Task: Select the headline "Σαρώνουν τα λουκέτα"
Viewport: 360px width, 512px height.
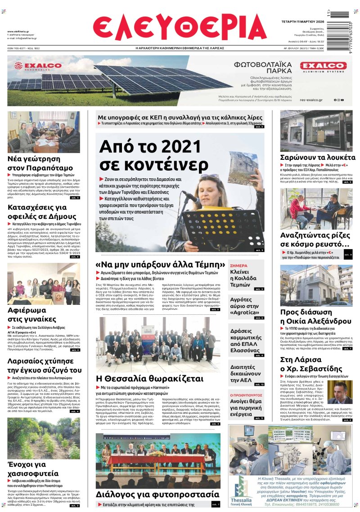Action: point(318,158)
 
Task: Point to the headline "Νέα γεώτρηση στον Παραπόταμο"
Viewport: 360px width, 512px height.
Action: point(40,163)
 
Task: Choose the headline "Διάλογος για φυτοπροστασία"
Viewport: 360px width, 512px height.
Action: point(157,494)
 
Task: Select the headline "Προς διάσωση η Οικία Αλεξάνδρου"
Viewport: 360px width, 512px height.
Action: point(315,317)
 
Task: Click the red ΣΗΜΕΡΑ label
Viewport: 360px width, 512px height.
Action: point(238,266)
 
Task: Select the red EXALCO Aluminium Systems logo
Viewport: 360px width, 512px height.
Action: point(323,66)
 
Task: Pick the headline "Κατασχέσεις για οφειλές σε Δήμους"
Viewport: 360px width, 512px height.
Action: point(40,212)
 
